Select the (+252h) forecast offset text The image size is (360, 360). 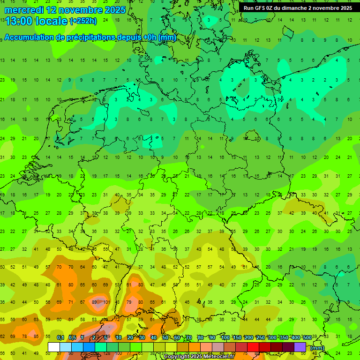pyautogui.click(x=83, y=21)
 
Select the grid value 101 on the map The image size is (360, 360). pyautogui.click(x=106, y=302)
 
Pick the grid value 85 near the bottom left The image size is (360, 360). pyautogui.click(x=36, y=336)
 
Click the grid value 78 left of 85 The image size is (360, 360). pyautogui.click(x=25, y=336)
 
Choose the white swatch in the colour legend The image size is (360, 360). pyautogui.click(x=54, y=347)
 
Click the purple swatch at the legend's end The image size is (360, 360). pyautogui.click(x=300, y=347)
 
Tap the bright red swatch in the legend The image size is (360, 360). pyautogui.click(x=253, y=347)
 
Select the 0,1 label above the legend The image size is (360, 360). pyautogui.click(x=60, y=337)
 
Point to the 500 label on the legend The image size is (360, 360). pyautogui.click(x=307, y=337)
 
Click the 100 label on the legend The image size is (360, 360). pyautogui.click(x=225, y=337)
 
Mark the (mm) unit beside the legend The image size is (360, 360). pyautogui.click(x=317, y=348)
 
